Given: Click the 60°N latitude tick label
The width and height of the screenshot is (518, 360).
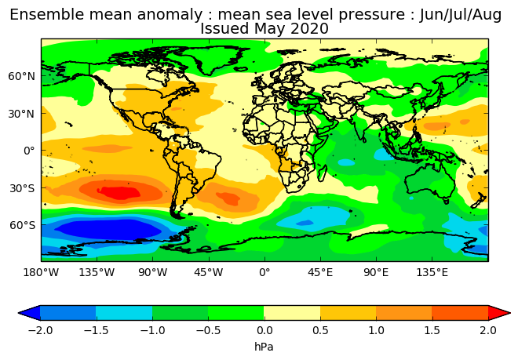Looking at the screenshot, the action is (x=21, y=76).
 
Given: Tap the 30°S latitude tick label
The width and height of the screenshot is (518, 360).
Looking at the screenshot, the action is (x=22, y=188).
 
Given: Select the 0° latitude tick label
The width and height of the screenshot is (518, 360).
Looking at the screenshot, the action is (x=29, y=151).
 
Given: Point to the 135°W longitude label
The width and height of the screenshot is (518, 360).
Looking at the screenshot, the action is (x=97, y=272).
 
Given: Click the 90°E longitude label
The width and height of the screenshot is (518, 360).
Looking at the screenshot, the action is (x=376, y=272).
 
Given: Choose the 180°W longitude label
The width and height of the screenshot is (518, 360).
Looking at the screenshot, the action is (x=41, y=272).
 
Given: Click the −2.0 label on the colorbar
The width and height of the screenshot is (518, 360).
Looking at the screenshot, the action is (x=40, y=330).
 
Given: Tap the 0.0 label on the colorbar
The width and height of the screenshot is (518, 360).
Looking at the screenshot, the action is (x=264, y=330).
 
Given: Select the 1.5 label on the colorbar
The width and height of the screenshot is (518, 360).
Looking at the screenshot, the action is (x=432, y=330).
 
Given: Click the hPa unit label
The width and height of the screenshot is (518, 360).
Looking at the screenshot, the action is (x=264, y=347).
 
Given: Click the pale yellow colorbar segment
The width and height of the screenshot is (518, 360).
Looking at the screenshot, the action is (x=292, y=313).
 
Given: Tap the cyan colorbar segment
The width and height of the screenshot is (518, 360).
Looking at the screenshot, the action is (x=124, y=313).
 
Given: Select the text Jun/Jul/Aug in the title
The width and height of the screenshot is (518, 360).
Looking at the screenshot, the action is (x=460, y=15).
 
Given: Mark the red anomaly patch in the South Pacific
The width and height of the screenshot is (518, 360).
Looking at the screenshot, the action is (x=119, y=193).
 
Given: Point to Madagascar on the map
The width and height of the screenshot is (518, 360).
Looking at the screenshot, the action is (x=322, y=173).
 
